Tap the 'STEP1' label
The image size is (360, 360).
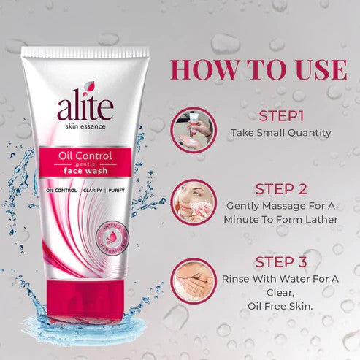[280, 115]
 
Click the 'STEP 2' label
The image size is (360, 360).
[280, 188]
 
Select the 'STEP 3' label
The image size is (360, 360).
[280, 261]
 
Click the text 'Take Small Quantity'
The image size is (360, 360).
[280, 134]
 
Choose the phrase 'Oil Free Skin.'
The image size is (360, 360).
[280, 307]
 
